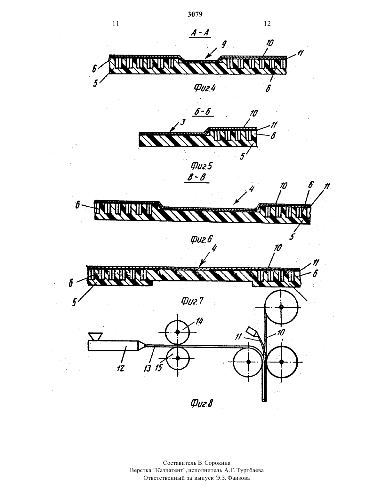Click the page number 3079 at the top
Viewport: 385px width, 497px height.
click(x=195, y=14)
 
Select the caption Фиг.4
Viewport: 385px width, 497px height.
click(x=205, y=88)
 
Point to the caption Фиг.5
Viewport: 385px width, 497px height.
click(x=201, y=166)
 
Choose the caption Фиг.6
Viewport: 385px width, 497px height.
click(x=201, y=239)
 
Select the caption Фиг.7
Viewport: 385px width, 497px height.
click(x=192, y=302)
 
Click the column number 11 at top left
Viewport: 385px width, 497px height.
click(x=116, y=24)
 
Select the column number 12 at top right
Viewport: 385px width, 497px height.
click(x=267, y=24)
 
